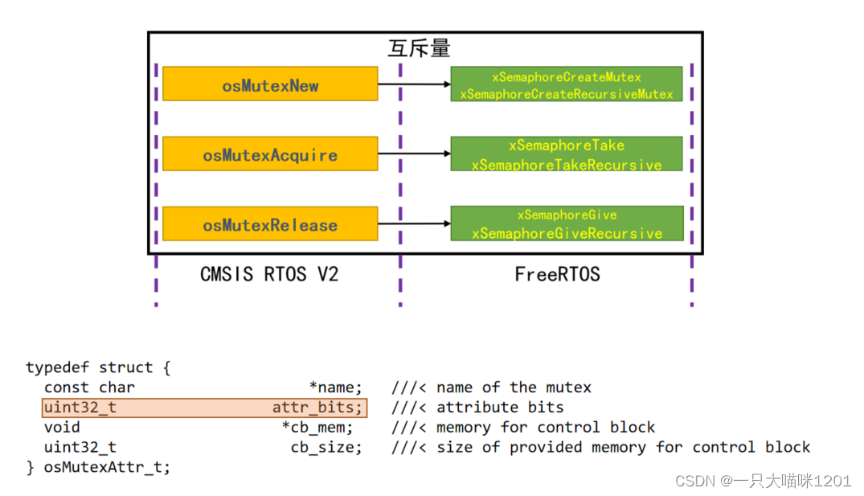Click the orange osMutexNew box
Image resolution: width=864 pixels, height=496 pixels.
click(x=270, y=84)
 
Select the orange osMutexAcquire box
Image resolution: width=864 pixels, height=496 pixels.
click(x=270, y=154)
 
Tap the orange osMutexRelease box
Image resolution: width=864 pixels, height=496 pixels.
click(x=270, y=223)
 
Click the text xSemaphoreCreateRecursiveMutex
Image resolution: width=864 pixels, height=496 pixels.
click(x=566, y=94)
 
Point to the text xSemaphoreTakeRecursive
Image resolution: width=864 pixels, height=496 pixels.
click(x=566, y=165)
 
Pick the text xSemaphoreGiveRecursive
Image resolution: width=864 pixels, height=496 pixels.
click(x=566, y=234)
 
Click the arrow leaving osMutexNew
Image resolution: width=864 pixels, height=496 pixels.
click(x=413, y=84)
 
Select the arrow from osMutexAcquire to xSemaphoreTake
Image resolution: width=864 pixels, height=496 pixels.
click(x=413, y=154)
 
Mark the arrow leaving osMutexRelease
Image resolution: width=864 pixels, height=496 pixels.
click(x=413, y=223)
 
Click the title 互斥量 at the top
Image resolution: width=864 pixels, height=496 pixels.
click(x=419, y=49)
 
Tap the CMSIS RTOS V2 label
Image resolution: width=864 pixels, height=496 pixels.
click(x=269, y=274)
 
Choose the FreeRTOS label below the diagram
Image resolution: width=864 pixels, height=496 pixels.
click(x=557, y=274)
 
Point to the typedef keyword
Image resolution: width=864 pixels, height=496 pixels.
click(x=58, y=367)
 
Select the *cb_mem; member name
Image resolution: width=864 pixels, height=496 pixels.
click(x=317, y=427)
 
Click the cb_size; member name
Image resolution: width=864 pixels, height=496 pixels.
click(x=326, y=447)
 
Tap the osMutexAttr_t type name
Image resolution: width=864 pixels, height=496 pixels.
click(x=107, y=467)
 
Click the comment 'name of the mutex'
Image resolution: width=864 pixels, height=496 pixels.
click(x=514, y=387)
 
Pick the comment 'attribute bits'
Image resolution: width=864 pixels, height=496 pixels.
click(x=500, y=408)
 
